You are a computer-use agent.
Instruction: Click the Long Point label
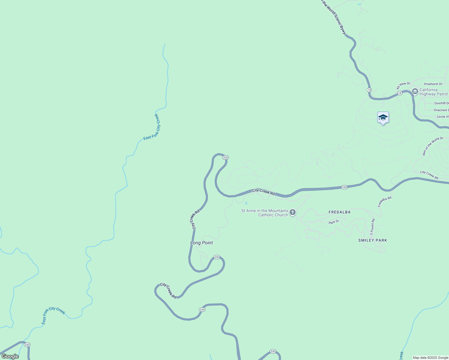click(x=201, y=243)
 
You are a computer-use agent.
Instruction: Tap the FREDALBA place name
click(x=339, y=212)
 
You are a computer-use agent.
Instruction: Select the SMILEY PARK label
click(x=372, y=240)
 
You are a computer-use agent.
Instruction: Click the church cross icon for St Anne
click(x=293, y=213)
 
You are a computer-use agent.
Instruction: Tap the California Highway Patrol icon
click(x=415, y=91)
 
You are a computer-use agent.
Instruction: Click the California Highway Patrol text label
click(x=433, y=92)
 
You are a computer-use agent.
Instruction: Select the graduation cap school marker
click(x=383, y=118)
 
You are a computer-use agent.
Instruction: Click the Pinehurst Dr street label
click(x=433, y=84)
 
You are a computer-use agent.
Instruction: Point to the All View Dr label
click(x=403, y=85)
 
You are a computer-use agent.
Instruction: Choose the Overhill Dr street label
click(x=441, y=103)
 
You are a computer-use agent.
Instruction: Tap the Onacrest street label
click(x=441, y=110)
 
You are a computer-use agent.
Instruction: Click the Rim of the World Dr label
click(x=432, y=146)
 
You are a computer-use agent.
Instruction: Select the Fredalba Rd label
click(x=384, y=202)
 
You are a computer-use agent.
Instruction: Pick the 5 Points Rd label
click(x=372, y=226)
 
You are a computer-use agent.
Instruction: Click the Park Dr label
click(x=334, y=222)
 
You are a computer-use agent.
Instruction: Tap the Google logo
click(x=10, y=356)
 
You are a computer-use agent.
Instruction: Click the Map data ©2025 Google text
click(x=430, y=358)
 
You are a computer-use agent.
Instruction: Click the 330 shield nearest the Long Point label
click(x=217, y=257)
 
